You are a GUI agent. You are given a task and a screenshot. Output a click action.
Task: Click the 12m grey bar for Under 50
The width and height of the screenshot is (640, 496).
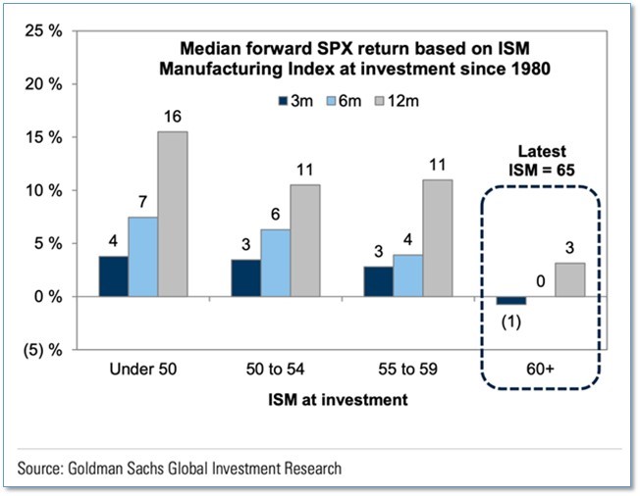tap(172, 214)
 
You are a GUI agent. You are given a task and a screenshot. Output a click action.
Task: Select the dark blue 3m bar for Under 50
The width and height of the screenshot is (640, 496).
tap(114, 276)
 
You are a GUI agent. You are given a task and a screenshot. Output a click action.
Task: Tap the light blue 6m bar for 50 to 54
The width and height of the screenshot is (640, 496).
tap(277, 263)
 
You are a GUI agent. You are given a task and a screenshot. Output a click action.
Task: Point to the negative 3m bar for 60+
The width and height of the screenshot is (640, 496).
tap(510, 300)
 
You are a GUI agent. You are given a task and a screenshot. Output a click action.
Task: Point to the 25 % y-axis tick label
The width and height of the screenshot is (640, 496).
tap(45, 30)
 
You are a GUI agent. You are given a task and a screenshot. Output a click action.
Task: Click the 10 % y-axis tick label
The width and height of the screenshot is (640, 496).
tap(45, 190)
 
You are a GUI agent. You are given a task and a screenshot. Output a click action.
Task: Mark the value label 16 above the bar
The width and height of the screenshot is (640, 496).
tap(173, 117)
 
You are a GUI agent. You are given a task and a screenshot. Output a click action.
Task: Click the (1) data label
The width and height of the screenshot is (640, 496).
tap(509, 322)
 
